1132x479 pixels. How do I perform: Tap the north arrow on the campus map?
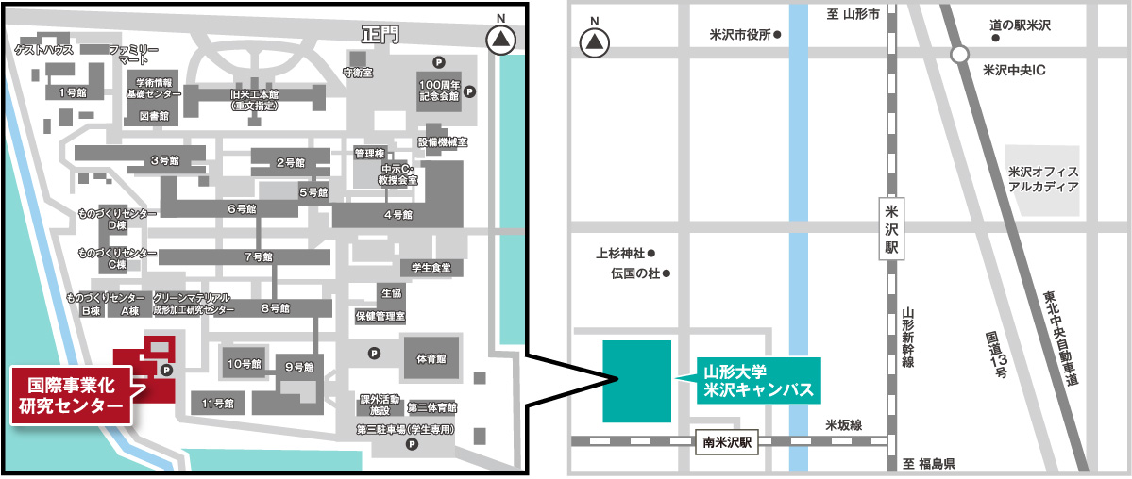coord(500,41)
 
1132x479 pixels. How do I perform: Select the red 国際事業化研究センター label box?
coord(72,396)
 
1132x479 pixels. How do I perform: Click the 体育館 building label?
coord(430,359)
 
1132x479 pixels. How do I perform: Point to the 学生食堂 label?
coord(430,268)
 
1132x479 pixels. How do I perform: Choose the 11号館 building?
coord(218,404)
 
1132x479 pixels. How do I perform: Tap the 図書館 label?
coord(153,116)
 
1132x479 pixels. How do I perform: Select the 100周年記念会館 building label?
coord(439,91)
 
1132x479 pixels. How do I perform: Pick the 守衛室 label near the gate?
coord(358,72)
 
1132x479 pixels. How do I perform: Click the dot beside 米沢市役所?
coord(777,37)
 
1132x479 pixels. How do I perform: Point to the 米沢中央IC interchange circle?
coord(959,55)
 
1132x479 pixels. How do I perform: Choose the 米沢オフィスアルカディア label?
coord(1042,179)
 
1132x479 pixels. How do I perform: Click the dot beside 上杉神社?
coord(650,253)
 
